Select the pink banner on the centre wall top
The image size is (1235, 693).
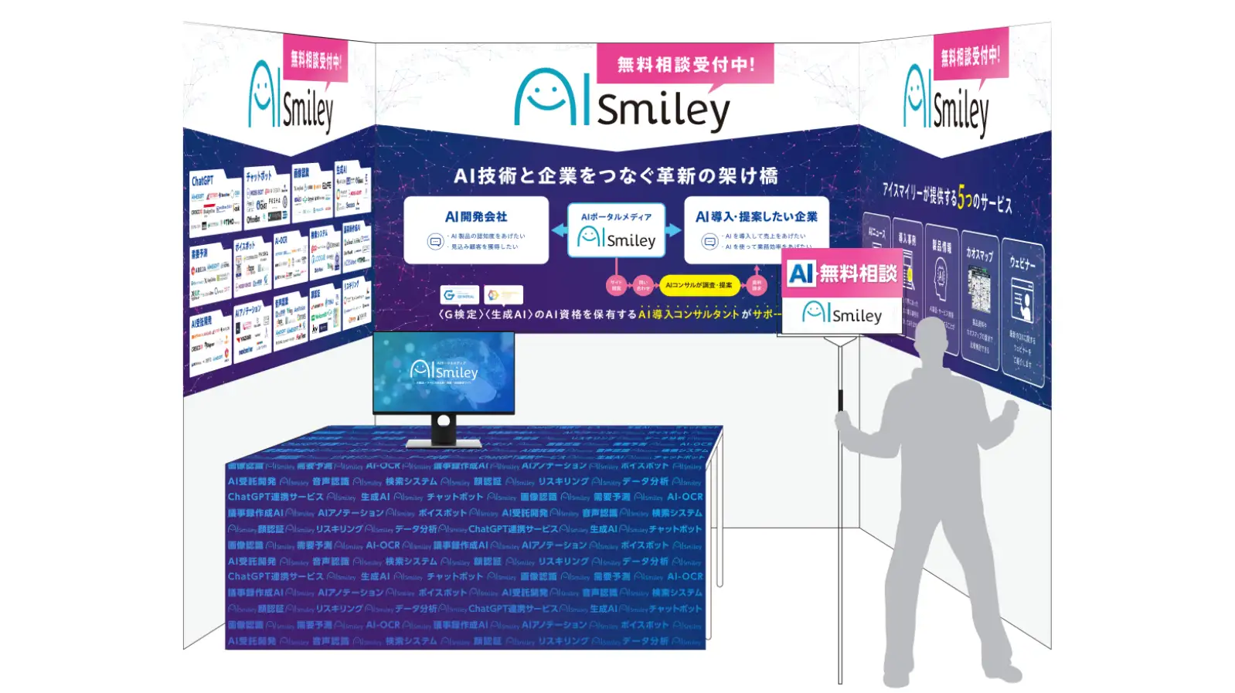(685, 64)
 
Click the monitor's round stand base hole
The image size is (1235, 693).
(443, 421)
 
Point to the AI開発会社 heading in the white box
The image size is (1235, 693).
(476, 217)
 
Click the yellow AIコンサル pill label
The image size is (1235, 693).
(699, 285)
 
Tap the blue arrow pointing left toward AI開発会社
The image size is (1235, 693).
(560, 230)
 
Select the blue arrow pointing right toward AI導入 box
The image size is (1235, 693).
(673, 230)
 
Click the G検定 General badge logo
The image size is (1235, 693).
(460, 295)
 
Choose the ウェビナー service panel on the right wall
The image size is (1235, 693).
(1022, 313)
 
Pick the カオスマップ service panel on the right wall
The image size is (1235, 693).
(980, 297)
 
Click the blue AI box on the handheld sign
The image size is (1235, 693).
(801, 273)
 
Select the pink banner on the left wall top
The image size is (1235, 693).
(315, 59)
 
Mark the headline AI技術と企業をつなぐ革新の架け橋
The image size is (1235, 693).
(615, 176)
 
